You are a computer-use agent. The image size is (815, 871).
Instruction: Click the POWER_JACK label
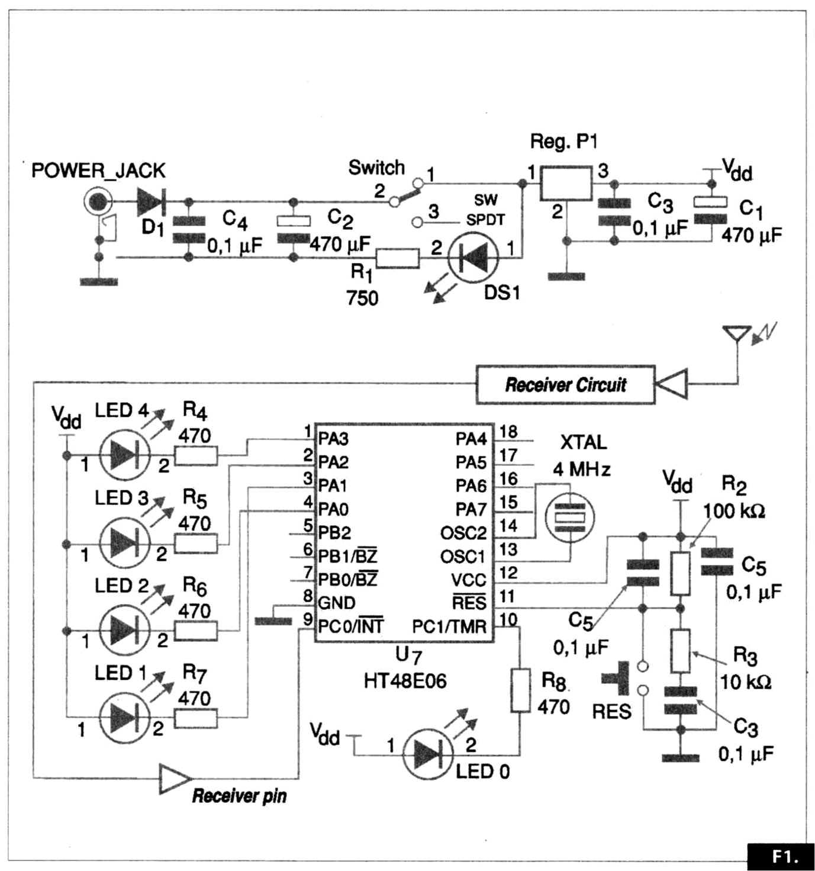98,171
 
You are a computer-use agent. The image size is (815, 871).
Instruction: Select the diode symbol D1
150,202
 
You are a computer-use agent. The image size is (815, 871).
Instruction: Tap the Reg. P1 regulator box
566,184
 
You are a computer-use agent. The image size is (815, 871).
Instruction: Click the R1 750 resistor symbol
398,258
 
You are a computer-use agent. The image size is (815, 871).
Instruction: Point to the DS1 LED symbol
473,257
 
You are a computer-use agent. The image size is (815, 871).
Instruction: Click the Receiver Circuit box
565,385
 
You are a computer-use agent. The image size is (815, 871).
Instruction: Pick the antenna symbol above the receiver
737,334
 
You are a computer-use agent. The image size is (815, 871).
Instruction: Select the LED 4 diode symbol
125,455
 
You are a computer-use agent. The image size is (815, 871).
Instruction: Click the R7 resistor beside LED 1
196,718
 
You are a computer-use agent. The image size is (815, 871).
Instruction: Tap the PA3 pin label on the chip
333,439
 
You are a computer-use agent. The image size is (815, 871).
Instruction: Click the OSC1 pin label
462,557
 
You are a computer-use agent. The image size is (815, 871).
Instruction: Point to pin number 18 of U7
508,432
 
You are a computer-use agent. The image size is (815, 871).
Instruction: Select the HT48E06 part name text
405,681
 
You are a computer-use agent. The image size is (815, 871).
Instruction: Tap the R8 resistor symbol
520,690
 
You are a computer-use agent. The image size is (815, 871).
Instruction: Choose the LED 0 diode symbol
428,755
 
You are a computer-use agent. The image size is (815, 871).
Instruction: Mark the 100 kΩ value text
733,511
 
